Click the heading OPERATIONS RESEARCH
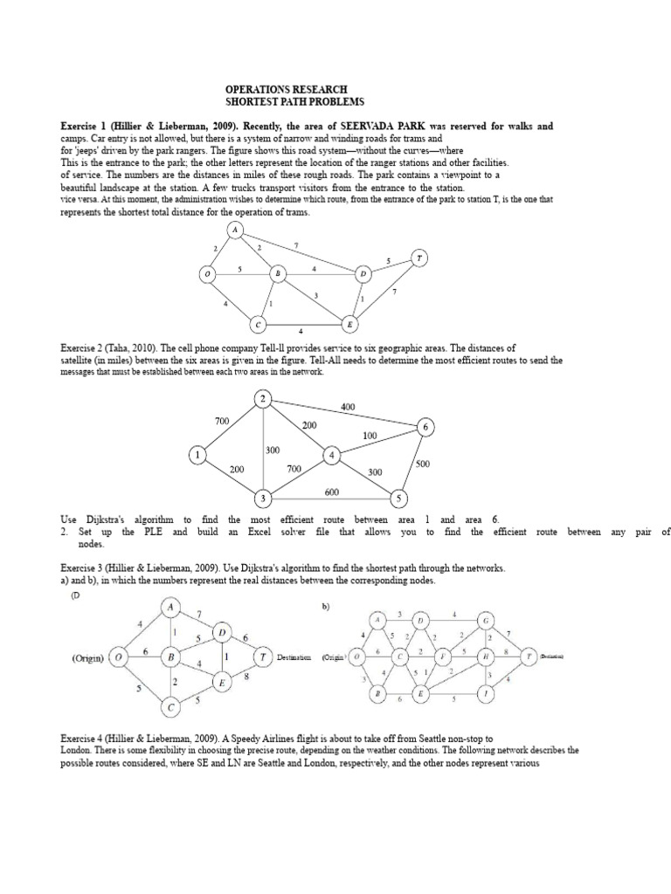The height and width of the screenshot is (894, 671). pyautogui.click(x=286, y=89)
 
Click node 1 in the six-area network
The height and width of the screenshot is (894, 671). pyautogui.click(x=198, y=454)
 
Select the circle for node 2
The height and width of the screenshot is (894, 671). pyautogui.click(x=264, y=400)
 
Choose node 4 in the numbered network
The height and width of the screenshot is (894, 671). pyautogui.click(x=332, y=455)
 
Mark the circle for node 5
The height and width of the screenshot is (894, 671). pyautogui.click(x=399, y=499)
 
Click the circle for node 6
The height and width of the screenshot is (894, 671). pyautogui.click(x=425, y=427)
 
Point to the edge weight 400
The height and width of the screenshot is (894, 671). pyautogui.click(x=349, y=406)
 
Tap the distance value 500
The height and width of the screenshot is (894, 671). pyautogui.click(x=423, y=464)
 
